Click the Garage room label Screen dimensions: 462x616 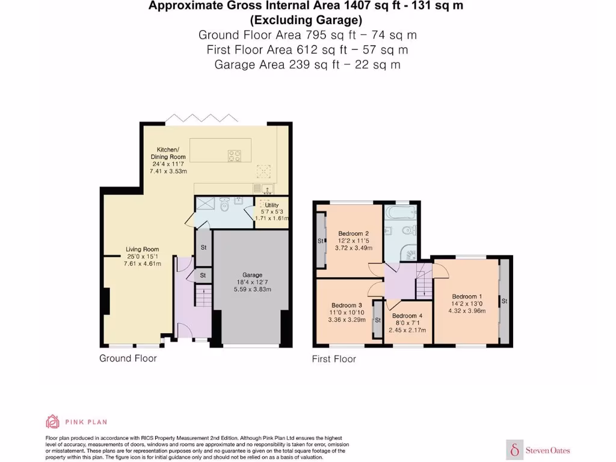click(253, 275)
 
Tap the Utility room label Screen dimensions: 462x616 click(271, 205)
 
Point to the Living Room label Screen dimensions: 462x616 click(142, 249)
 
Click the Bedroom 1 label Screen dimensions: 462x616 click(467, 296)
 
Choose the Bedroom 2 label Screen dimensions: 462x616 click(353, 233)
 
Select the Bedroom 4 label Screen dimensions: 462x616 click(407, 316)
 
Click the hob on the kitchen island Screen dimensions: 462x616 click(235, 156)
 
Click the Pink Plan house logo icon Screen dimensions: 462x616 click(53, 422)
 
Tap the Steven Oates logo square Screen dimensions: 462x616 click(515, 449)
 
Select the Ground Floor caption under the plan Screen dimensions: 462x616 click(128, 359)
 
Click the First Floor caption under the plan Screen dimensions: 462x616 click(334, 359)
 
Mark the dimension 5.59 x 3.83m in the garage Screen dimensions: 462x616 click(253, 289)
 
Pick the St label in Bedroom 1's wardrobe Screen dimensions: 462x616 click(504, 301)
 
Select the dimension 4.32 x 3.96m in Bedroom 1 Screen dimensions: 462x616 click(467, 311)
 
